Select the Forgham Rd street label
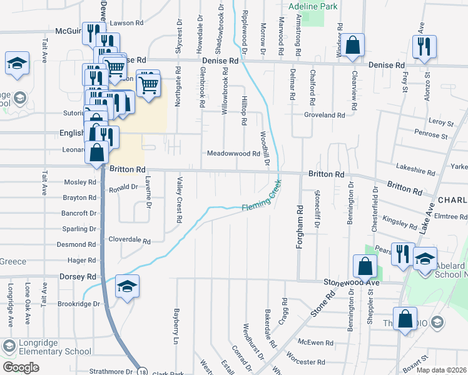click(x=299, y=227)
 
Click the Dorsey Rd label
click(x=78, y=276)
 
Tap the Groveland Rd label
click(x=325, y=115)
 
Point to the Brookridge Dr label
click(x=78, y=304)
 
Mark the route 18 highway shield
click(x=143, y=369)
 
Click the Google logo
click(x=21, y=367)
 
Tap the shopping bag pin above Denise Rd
click(x=353, y=46)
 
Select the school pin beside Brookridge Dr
click(x=128, y=287)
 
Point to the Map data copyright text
click(x=442, y=369)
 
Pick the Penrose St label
click(x=432, y=135)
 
